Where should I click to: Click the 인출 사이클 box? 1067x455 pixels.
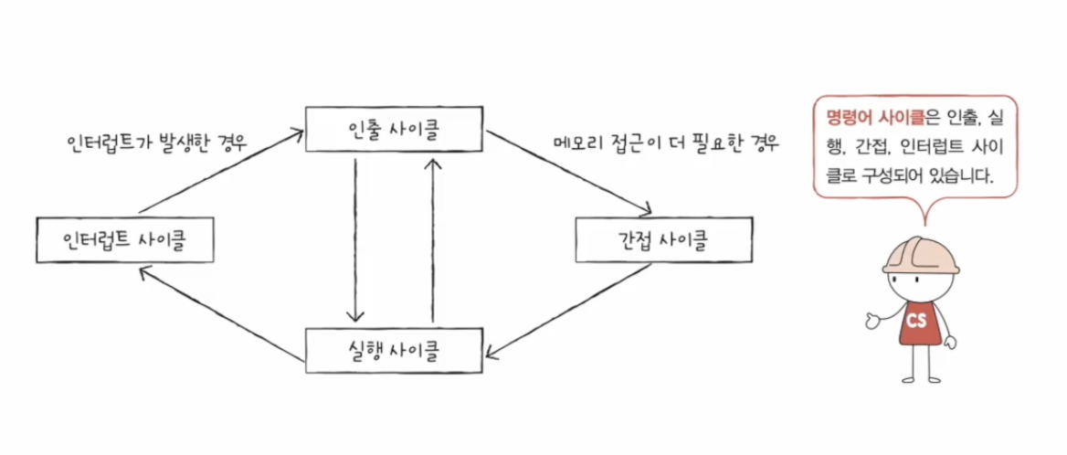click(x=394, y=131)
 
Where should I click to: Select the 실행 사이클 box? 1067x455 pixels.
click(x=394, y=349)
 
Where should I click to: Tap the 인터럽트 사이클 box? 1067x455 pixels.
click(x=124, y=240)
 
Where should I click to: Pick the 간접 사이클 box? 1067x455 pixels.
click(x=664, y=240)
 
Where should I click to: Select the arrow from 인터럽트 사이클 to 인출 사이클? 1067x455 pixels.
click(x=219, y=174)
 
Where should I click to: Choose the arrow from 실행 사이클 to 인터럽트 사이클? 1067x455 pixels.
click(x=219, y=311)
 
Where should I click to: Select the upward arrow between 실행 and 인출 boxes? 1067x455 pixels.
click(x=434, y=239)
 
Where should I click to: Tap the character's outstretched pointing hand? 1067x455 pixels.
click(x=867, y=321)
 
